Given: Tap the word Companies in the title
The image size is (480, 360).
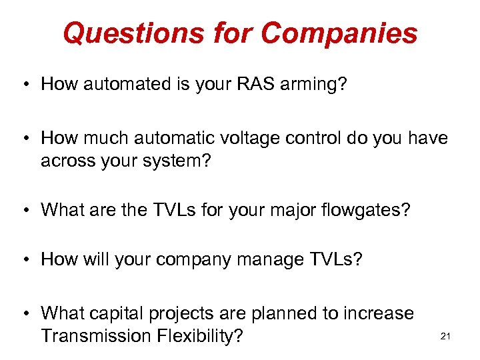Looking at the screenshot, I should tap(339, 33).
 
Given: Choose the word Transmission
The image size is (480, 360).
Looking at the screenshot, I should tap(96, 336).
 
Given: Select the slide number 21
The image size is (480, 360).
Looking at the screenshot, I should tap(446, 336).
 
